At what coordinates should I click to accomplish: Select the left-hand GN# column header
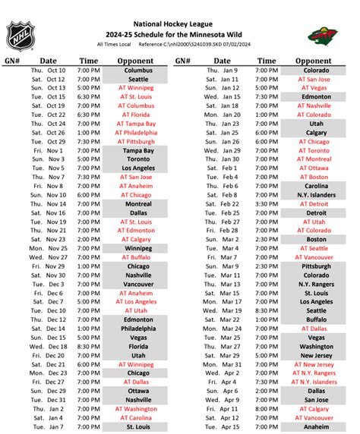(14, 61)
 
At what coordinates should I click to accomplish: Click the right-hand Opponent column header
(313, 61)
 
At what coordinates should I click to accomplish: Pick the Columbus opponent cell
(138, 71)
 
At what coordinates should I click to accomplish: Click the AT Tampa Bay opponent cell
(138, 124)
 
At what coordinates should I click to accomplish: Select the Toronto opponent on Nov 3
(138, 160)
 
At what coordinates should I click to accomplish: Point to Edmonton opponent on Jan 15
(313, 97)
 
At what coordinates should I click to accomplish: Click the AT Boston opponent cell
(313, 177)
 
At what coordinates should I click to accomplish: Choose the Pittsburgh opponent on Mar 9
(313, 266)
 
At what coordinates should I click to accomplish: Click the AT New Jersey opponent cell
(313, 364)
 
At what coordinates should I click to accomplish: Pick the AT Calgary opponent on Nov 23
(138, 240)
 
